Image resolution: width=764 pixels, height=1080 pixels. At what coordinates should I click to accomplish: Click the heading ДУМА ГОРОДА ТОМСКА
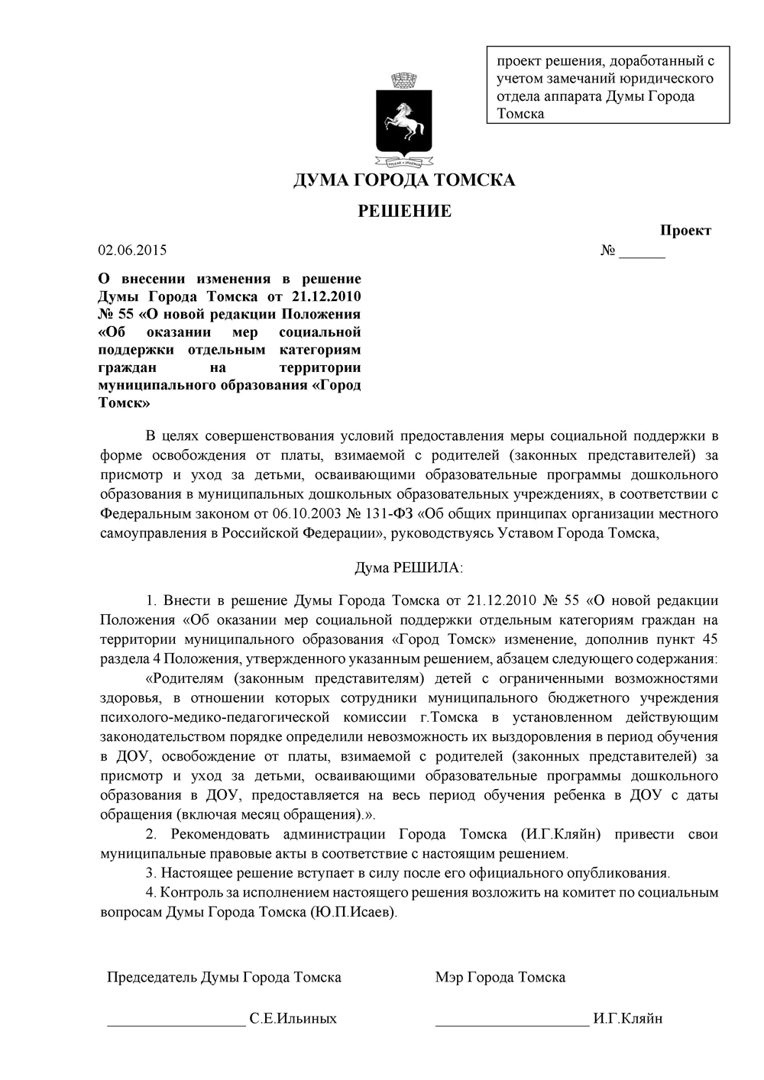coord(404,180)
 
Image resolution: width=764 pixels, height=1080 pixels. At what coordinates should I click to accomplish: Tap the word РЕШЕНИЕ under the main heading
coord(405,212)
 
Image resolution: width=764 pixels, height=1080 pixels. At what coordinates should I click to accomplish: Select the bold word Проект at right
coord(685,231)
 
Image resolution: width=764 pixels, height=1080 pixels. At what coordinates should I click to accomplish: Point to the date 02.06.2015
coord(133,251)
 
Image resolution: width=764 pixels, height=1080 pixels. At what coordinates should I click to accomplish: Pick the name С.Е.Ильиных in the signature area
coord(293,1018)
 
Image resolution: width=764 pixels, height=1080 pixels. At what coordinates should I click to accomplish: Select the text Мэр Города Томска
coord(500,977)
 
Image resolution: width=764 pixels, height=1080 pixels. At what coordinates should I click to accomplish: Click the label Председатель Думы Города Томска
coord(224,977)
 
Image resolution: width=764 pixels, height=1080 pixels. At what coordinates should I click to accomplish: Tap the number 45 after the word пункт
coord(708,639)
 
